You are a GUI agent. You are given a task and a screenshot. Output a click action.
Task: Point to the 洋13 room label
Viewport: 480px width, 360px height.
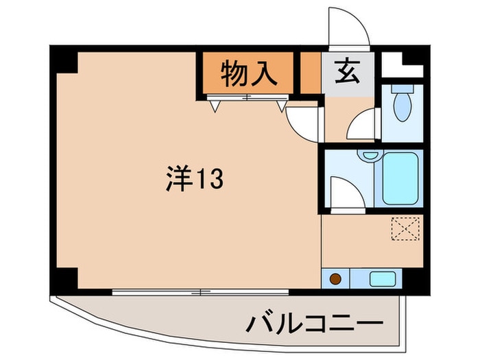tap(193, 180)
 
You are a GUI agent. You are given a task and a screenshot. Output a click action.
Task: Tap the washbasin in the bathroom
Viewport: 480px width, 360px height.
tap(370, 156)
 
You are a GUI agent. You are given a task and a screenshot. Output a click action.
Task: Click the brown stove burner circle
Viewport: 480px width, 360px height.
tap(336, 280)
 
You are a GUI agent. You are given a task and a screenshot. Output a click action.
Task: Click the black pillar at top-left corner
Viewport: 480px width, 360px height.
tap(66, 60)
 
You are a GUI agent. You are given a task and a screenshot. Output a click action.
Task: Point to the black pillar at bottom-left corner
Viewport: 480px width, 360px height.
tap(66, 278)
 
